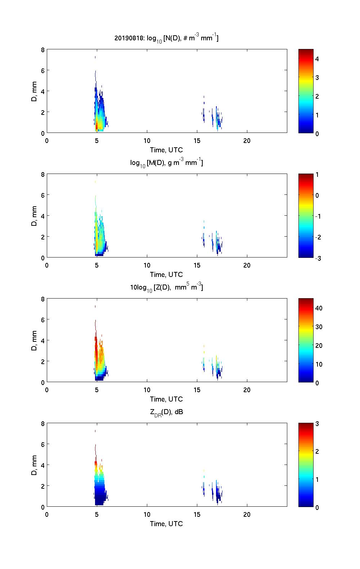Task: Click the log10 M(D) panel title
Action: pyautogui.click(x=166, y=163)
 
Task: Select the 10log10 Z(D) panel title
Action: pyautogui.click(x=166, y=287)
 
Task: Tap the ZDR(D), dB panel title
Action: pyautogui.click(x=166, y=412)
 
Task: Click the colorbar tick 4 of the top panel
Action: pyautogui.click(x=317, y=59)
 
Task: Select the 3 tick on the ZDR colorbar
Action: pyautogui.click(x=317, y=424)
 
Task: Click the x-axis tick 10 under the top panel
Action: pyautogui.click(x=147, y=140)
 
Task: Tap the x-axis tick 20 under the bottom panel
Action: pyautogui.click(x=247, y=514)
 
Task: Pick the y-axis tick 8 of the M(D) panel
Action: pyautogui.click(x=43, y=175)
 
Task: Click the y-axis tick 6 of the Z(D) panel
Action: pyautogui.click(x=43, y=320)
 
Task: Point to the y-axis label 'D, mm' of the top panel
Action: pyautogui.click(x=34, y=91)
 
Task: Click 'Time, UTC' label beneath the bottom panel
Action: pyautogui.click(x=166, y=524)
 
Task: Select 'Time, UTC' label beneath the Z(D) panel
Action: pyautogui.click(x=166, y=399)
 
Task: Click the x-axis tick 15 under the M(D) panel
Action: pyautogui.click(x=197, y=265)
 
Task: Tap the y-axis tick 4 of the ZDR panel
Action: pyautogui.click(x=43, y=465)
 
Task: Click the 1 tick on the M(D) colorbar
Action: pyautogui.click(x=317, y=175)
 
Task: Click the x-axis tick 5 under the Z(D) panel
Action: pyautogui.click(x=97, y=390)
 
